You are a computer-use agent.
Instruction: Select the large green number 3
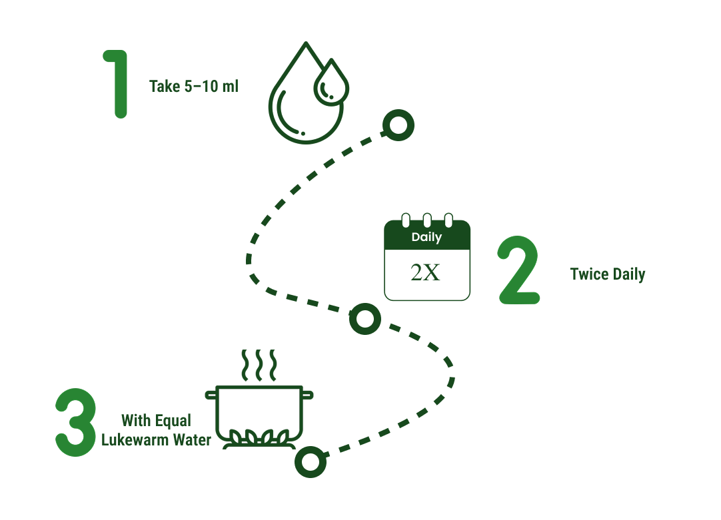pyautogui.click(x=75, y=423)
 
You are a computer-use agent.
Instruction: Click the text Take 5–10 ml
pyautogui.click(x=194, y=86)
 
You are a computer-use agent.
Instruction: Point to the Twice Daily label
pyautogui.click(x=607, y=274)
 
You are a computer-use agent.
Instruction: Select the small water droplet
pyautogui.click(x=331, y=83)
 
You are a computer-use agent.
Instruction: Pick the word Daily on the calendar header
pyautogui.click(x=426, y=237)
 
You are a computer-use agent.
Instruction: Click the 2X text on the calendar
pyautogui.click(x=426, y=273)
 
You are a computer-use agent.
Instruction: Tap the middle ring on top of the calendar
pyautogui.click(x=426, y=220)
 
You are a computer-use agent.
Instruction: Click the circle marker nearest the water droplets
pyautogui.click(x=398, y=125)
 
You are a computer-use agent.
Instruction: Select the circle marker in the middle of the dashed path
pyautogui.click(x=365, y=319)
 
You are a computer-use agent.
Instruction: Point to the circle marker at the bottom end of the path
pyautogui.click(x=311, y=461)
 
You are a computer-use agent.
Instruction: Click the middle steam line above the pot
pyautogui.click(x=259, y=364)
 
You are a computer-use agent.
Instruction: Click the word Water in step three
pyautogui.click(x=193, y=439)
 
